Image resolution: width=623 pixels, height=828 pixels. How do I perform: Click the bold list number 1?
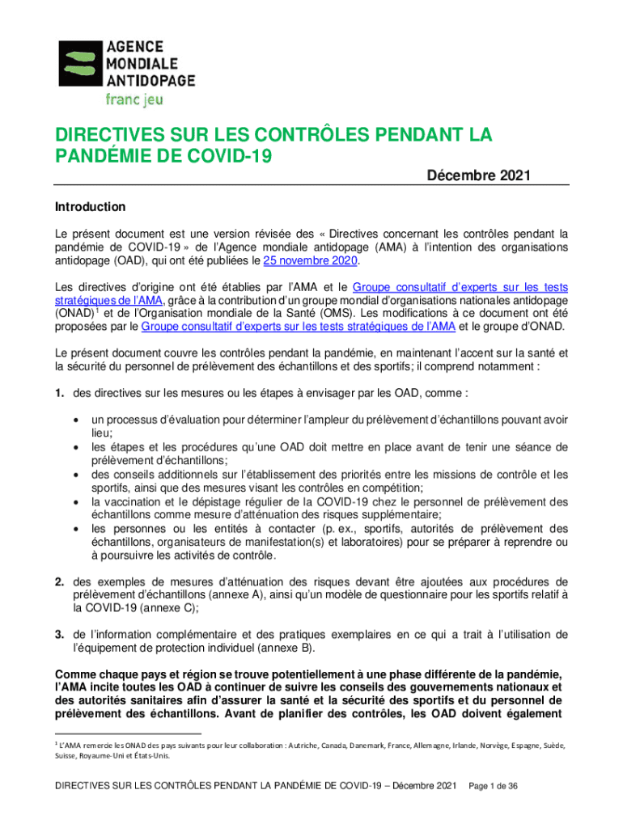[x=59, y=393]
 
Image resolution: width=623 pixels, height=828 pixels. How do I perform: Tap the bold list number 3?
[x=59, y=635]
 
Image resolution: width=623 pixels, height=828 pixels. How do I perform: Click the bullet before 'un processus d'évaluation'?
[x=75, y=420]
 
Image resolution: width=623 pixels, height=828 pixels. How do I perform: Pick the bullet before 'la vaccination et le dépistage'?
[x=75, y=502]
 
